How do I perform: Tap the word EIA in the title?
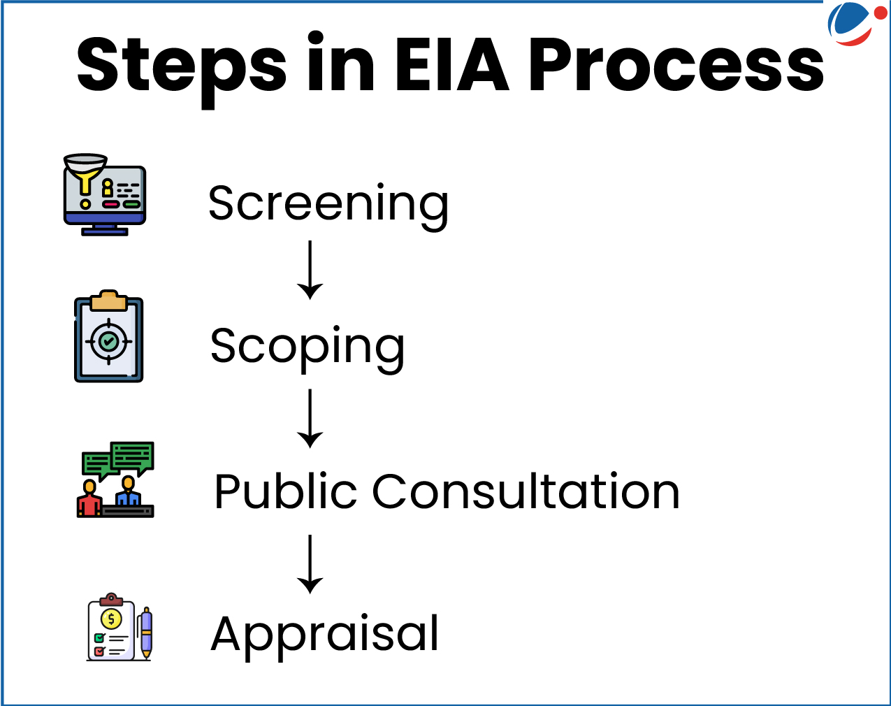(451, 65)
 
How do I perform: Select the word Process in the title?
(676, 65)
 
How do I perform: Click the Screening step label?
(328, 203)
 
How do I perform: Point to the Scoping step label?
(307, 347)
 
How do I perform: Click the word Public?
(286, 491)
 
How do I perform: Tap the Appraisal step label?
(325, 634)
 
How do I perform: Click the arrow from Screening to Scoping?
(310, 271)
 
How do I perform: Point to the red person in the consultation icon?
(89, 498)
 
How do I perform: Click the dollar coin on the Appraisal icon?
(111, 619)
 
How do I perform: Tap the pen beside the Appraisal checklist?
(145, 632)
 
